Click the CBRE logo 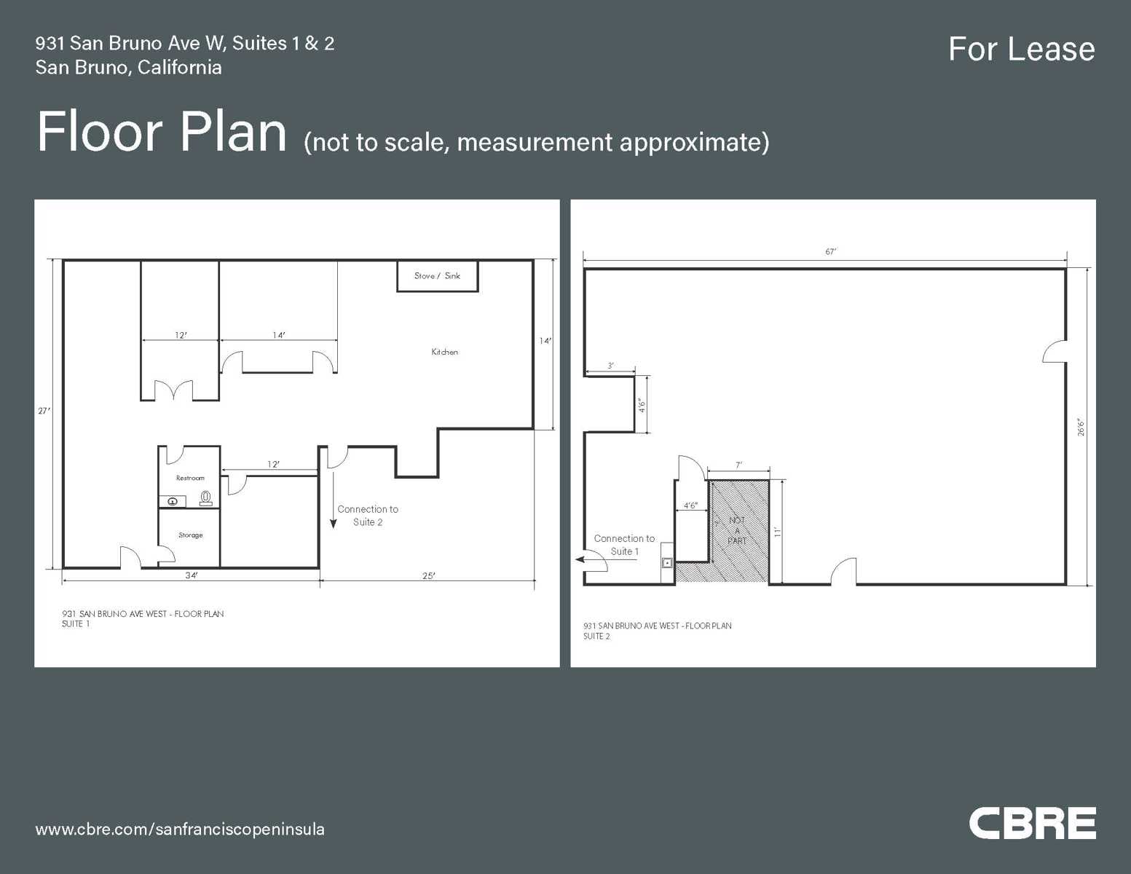(1032, 823)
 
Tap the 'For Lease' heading (1021, 50)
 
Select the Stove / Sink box (437, 276)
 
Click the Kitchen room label (444, 352)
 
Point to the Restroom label (190, 478)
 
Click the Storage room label (190, 535)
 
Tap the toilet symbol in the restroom (206, 498)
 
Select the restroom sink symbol (173, 501)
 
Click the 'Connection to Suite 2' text (368, 516)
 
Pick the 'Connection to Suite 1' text (624, 545)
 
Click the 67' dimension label (831, 251)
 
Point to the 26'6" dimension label (1081, 427)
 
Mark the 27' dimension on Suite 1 (44, 411)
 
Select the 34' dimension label (191, 575)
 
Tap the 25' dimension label (429, 576)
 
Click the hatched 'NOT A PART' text (737, 530)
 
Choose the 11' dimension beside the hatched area (777, 532)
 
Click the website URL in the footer (180, 829)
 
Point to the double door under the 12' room (174, 390)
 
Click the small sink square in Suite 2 (666, 563)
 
